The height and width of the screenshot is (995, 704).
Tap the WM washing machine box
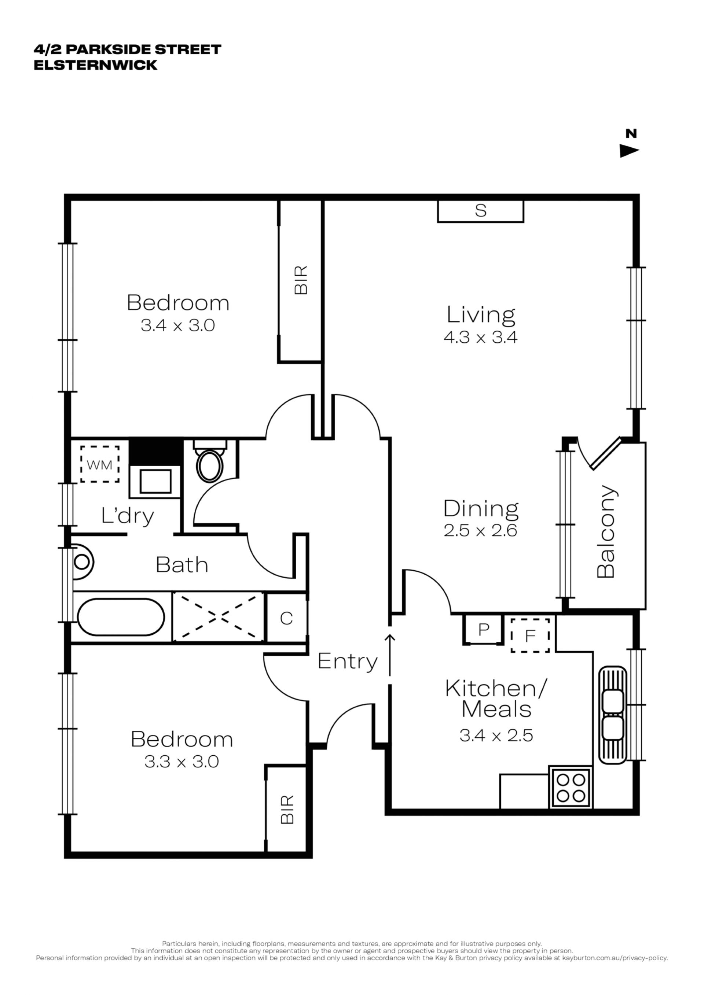[100, 464]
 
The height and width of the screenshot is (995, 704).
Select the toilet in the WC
[210, 461]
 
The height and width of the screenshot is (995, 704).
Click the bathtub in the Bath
[121, 617]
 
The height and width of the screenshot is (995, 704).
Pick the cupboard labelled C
[286, 618]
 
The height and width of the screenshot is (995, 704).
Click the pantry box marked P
[483, 629]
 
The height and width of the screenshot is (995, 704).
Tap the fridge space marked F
[530, 635]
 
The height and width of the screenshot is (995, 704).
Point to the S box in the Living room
[480, 211]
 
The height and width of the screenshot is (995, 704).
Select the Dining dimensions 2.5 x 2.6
[480, 530]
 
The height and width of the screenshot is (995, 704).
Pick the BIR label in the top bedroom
[301, 280]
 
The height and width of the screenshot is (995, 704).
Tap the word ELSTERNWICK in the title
[95, 65]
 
